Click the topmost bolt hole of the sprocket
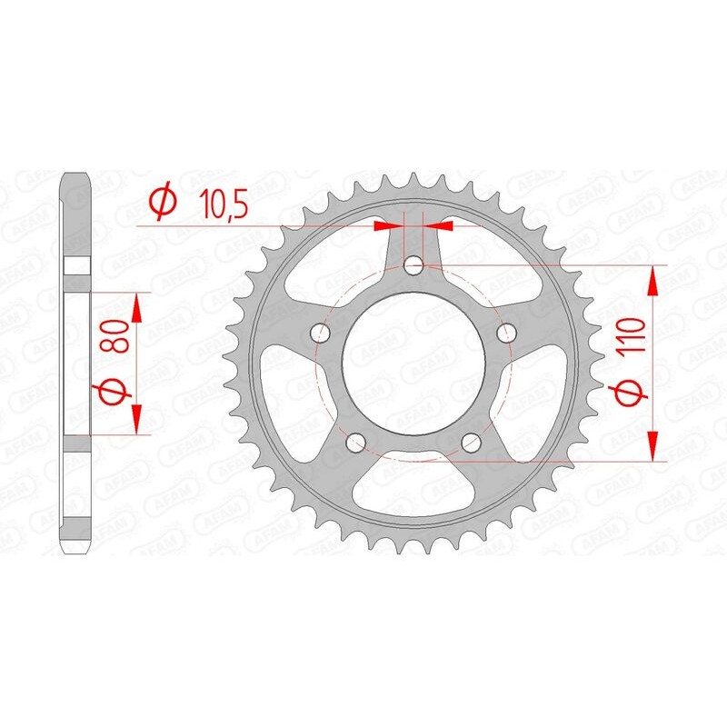click(413, 265)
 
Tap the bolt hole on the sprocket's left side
click(321, 333)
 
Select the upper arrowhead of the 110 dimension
click(652, 281)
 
